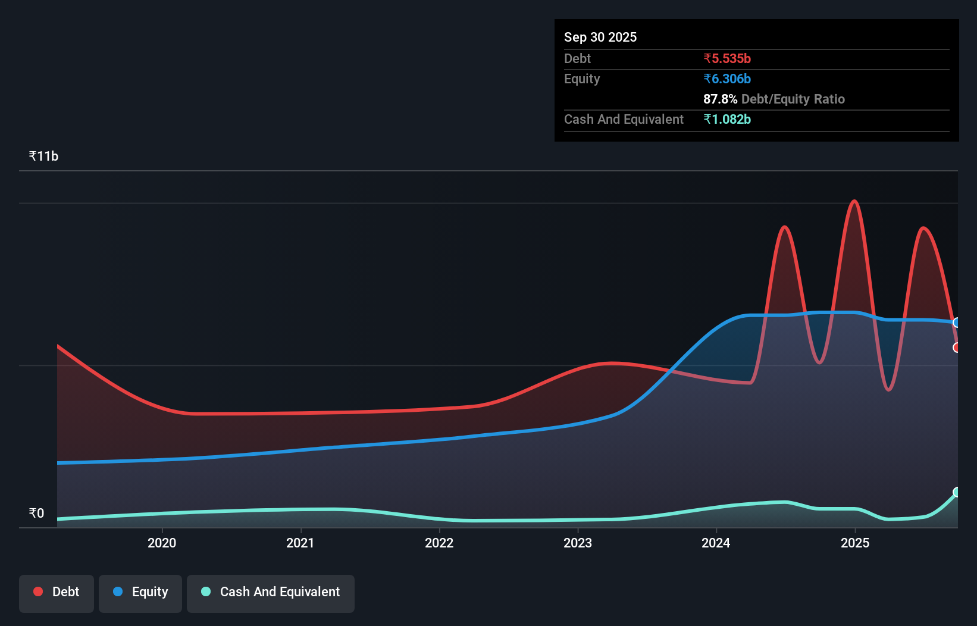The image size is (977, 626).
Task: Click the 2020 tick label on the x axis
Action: [162, 543]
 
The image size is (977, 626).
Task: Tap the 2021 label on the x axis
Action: [300, 543]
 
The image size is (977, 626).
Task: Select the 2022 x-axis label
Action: [439, 543]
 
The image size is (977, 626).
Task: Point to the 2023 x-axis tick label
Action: [578, 543]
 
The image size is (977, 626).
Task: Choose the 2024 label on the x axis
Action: [716, 543]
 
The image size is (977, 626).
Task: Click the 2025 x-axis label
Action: [855, 543]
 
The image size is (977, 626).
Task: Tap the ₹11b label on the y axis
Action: [43, 156]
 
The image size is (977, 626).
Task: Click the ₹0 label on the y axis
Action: [37, 513]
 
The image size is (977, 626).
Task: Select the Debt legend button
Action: [57, 592]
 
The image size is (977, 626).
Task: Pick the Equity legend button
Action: [140, 592]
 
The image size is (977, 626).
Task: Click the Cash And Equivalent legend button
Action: [271, 592]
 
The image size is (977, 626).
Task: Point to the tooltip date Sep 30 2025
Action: [600, 37]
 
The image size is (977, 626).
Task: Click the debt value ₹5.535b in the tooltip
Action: [727, 58]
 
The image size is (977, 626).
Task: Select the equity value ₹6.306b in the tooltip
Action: [727, 79]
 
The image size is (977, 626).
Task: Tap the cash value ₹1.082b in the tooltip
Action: [727, 119]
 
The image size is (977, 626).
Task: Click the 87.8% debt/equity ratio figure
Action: [720, 99]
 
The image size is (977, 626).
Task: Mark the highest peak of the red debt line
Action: [855, 201]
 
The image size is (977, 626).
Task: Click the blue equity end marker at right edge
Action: [957, 323]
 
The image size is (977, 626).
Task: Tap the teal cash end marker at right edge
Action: [957, 492]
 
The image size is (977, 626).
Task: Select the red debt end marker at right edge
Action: [957, 348]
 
